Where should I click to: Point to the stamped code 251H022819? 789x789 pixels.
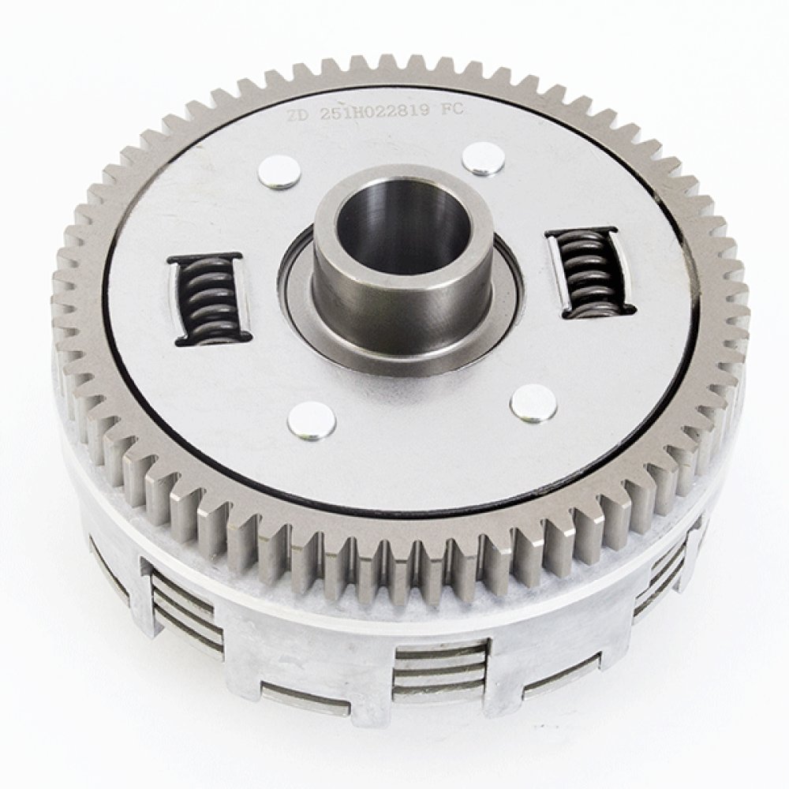point(375,112)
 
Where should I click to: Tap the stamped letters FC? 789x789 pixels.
point(451,111)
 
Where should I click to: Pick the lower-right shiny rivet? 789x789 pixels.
point(533,402)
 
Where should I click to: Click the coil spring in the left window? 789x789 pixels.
point(208,301)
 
